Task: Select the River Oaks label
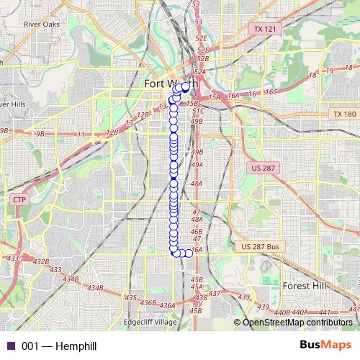[41, 24]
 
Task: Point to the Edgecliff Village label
[150, 322]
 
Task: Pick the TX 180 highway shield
[345, 114]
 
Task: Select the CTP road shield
[19, 199]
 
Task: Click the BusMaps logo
[325, 346]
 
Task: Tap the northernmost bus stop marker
[186, 86]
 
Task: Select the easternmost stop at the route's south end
[189, 253]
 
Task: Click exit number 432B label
[41, 261]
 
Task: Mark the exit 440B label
[282, 313]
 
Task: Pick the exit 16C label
[270, 92]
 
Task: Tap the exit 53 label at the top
[196, 4]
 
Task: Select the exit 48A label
[197, 184]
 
